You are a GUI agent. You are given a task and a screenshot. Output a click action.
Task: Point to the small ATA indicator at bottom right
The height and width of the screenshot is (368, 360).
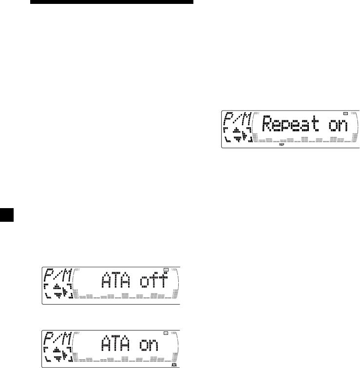click(x=174, y=364)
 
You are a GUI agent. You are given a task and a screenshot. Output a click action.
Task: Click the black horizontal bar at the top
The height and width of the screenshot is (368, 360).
click(x=105, y=2)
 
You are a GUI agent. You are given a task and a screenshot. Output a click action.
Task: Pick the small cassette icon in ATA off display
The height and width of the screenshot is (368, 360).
click(x=166, y=269)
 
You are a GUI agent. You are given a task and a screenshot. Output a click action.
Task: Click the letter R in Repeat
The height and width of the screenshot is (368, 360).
click(x=267, y=125)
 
